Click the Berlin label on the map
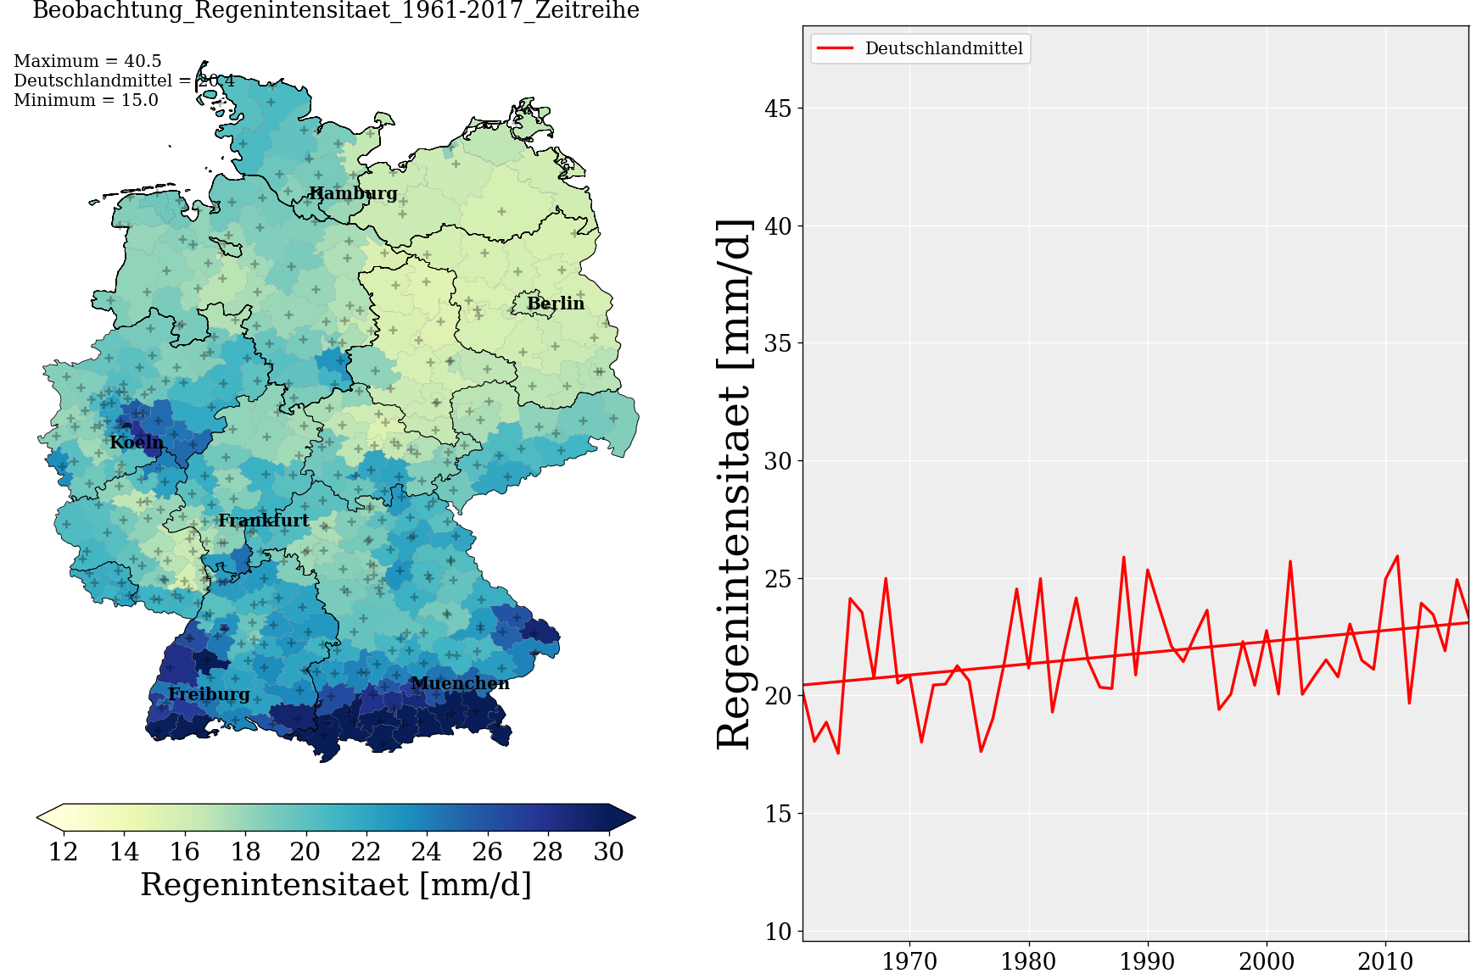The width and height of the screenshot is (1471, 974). click(x=556, y=303)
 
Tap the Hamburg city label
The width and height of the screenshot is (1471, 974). click(x=353, y=193)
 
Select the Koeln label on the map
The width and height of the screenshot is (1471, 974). click(x=137, y=442)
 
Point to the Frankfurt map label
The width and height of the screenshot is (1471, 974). click(x=264, y=520)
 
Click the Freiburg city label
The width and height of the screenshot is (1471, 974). click(x=209, y=695)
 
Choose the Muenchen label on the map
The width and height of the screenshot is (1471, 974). click(x=460, y=683)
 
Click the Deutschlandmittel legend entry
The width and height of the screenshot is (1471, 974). click(x=943, y=48)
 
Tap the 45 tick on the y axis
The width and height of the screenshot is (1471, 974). click(x=778, y=109)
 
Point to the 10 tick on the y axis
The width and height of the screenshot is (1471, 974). click(x=778, y=932)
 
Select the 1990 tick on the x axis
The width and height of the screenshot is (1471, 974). click(x=1147, y=961)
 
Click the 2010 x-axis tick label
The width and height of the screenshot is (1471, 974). click(x=1385, y=961)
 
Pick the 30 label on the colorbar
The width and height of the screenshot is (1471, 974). click(x=608, y=851)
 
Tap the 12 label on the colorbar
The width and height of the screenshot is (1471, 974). click(x=64, y=851)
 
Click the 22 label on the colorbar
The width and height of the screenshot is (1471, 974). click(x=366, y=851)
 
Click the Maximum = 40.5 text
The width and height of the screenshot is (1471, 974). click(x=87, y=61)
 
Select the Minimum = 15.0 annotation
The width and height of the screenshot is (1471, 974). click(x=86, y=100)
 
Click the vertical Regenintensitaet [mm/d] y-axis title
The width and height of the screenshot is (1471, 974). click(x=734, y=483)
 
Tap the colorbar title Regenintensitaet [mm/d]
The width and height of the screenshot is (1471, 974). click(x=336, y=885)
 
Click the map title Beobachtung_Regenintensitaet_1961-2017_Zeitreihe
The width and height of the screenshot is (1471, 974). click(x=336, y=11)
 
